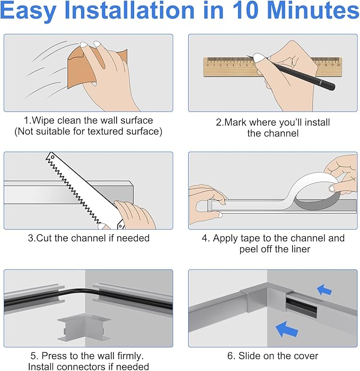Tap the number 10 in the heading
pos(247,10)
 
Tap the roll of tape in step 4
pos(314,192)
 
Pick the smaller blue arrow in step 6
pos(324,290)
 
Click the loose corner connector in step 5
pos(84,327)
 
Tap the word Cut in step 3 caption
pos(45,238)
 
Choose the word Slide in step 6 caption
pos(248,356)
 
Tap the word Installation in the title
pos(129,10)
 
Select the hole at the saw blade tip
pos(52,157)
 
